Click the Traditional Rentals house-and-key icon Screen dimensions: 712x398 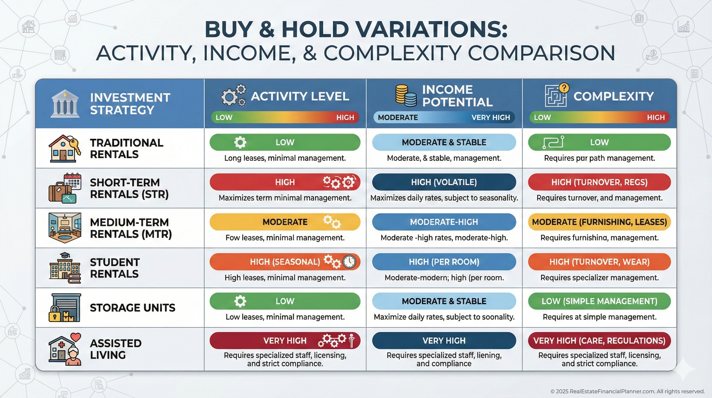65,148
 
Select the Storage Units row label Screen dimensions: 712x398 133,308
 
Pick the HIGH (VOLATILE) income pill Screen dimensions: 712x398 444,182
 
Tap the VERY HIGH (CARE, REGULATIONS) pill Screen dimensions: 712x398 599,340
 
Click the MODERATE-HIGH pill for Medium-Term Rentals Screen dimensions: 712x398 444,222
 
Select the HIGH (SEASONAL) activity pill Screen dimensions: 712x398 285,262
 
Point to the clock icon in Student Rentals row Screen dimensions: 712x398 349,261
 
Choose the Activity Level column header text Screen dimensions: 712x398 300,96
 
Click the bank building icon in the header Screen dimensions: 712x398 65,104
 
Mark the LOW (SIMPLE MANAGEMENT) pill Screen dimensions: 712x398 599,301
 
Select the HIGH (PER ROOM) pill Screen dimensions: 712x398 444,262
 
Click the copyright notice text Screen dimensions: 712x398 627,391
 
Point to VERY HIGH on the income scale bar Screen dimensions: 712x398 491,117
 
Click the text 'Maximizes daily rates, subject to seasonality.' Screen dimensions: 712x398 444,198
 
